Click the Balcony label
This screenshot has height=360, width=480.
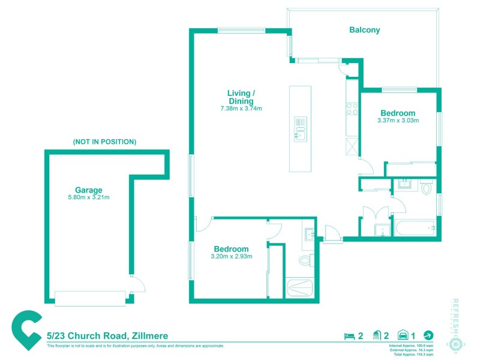click(365, 30)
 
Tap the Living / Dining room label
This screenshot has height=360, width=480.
click(241, 97)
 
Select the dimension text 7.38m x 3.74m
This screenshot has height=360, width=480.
click(241, 109)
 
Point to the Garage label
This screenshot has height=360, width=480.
click(89, 190)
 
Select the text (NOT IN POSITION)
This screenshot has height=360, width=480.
click(104, 142)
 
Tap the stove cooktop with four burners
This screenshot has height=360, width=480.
click(352, 109)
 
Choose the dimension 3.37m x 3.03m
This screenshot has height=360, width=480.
click(398, 121)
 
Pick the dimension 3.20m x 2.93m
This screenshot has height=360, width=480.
click(232, 257)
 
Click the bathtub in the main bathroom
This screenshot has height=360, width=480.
click(414, 228)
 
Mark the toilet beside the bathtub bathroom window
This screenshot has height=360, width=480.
click(427, 188)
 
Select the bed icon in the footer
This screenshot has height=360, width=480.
click(349, 336)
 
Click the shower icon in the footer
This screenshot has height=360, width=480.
click(377, 336)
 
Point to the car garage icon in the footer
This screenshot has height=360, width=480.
click(404, 336)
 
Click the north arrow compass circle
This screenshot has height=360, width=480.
click(428, 335)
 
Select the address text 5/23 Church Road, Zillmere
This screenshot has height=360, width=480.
click(107, 336)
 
